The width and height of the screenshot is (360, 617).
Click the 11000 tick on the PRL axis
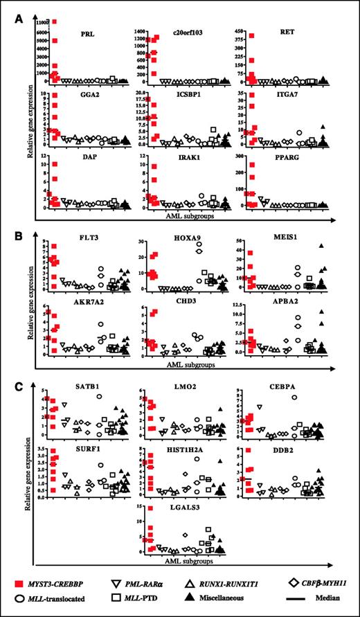pyautogui.click(x=39, y=22)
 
